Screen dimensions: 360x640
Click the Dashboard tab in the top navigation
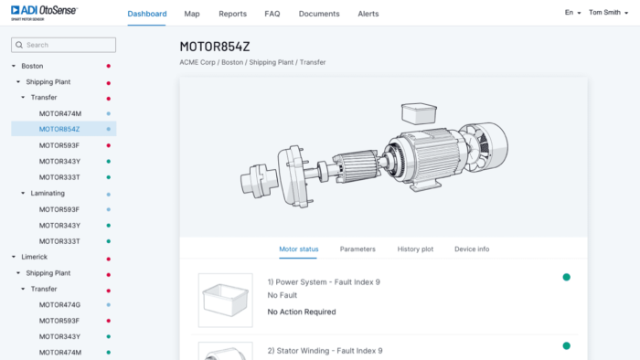click(147, 14)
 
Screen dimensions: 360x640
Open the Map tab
click(192, 14)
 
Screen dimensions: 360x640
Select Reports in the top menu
click(233, 14)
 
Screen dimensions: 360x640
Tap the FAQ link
click(272, 14)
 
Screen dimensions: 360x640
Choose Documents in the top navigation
click(319, 14)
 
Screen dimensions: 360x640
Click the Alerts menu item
click(368, 14)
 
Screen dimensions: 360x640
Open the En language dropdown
click(572, 13)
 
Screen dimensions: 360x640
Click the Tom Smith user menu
click(607, 13)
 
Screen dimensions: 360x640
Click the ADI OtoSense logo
click(42, 11)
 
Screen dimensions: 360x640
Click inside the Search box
click(64, 45)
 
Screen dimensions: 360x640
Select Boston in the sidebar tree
click(32, 66)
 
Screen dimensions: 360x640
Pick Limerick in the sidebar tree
click(35, 257)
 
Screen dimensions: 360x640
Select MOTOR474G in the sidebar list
click(59, 304)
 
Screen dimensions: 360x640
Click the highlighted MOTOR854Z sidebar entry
click(59, 129)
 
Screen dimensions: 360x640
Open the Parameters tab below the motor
click(357, 249)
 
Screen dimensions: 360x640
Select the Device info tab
click(472, 249)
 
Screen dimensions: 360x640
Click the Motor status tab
click(299, 249)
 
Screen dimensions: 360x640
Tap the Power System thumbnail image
click(225, 300)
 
